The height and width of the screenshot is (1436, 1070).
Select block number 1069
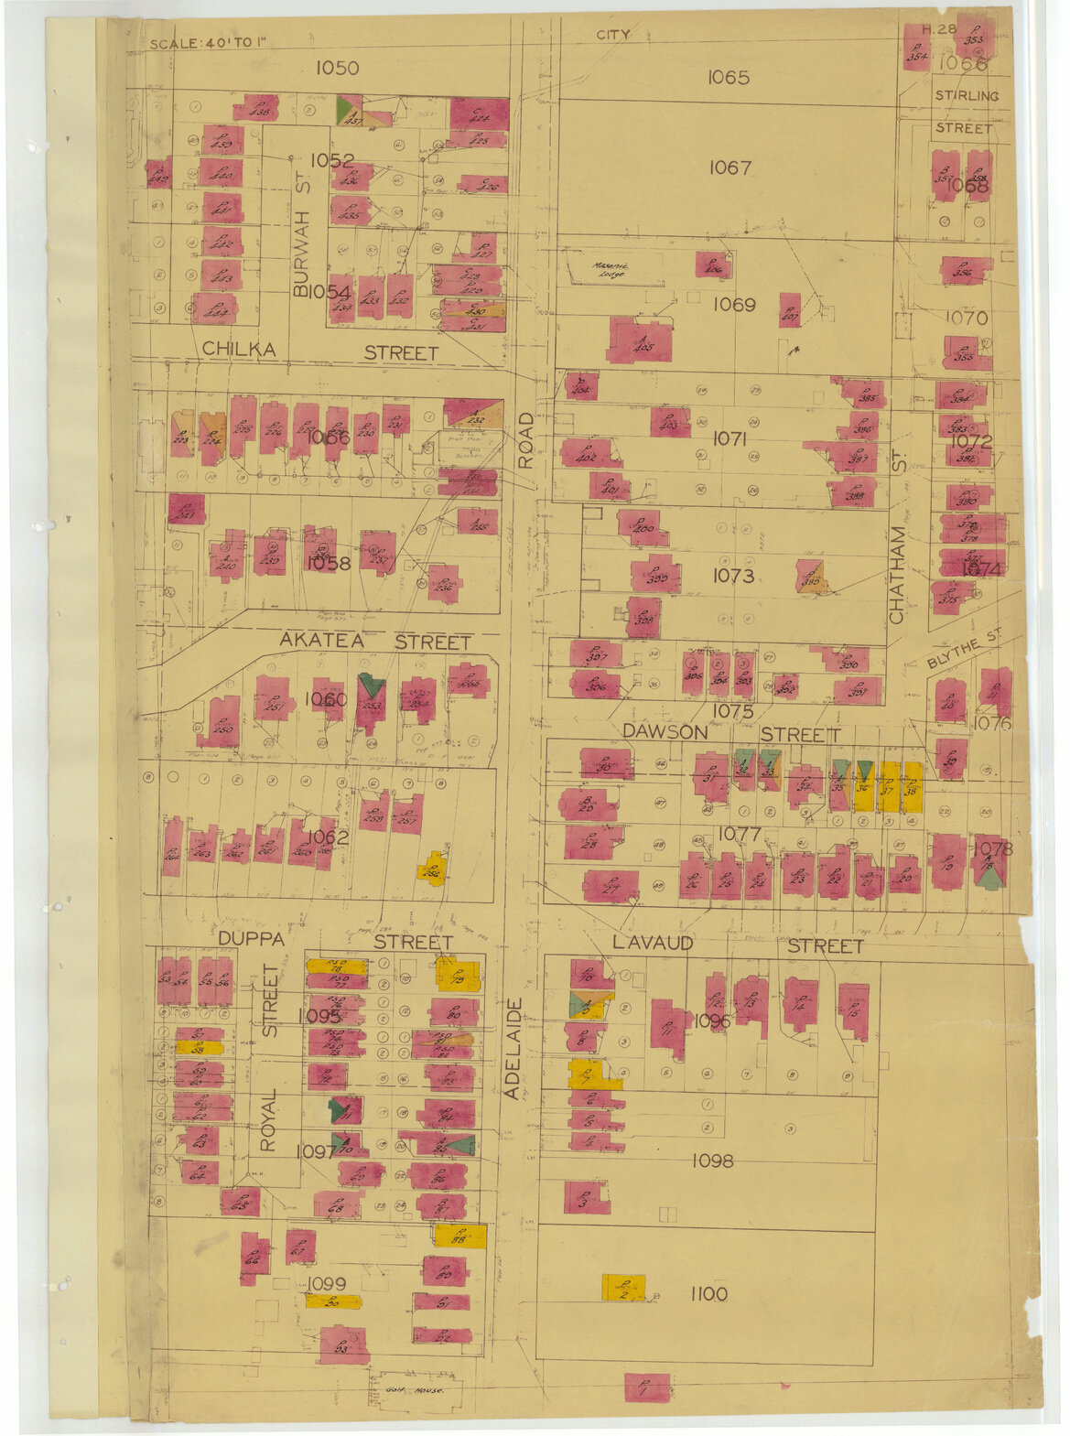[x=734, y=305]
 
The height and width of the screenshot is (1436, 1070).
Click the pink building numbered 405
[x=640, y=340]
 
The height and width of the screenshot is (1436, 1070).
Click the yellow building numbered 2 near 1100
[x=623, y=1287]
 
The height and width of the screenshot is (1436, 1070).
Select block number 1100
[x=709, y=1293]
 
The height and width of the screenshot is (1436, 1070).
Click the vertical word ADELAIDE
[x=514, y=1048]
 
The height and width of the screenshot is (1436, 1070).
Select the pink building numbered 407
[x=791, y=309]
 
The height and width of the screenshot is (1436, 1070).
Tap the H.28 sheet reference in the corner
[x=939, y=29]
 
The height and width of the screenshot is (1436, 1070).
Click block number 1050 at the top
[x=337, y=68]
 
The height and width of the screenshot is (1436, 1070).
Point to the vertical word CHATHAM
[x=897, y=575]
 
